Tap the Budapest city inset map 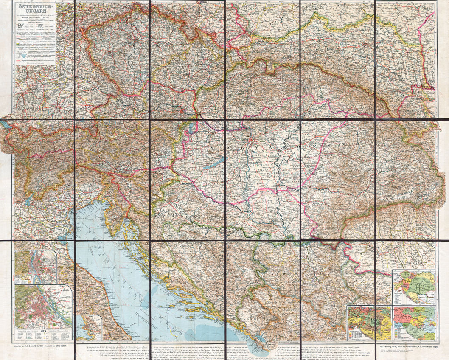36,267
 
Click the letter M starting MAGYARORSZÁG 212,147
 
